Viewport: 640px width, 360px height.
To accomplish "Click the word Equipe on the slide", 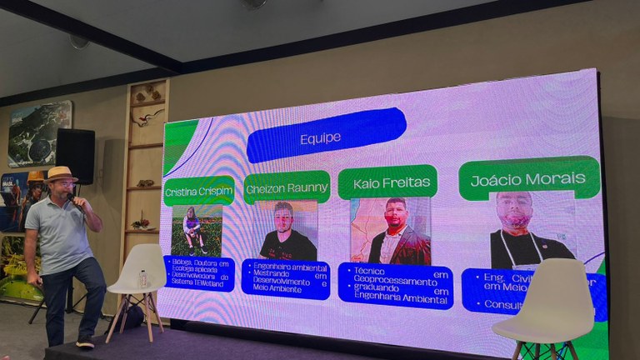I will pos(321,138).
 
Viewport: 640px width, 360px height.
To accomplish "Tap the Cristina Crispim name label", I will pos(198,191).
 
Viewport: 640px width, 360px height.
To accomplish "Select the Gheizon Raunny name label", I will pos(287,188).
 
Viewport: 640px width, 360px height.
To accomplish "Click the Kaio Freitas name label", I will pos(387,182).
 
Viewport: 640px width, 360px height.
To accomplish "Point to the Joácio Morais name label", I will pos(529,178).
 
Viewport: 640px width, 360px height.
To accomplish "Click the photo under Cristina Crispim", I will pos(197,231).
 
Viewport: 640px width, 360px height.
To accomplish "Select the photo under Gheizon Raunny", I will pos(287,231).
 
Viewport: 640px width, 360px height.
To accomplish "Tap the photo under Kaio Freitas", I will pos(390,231).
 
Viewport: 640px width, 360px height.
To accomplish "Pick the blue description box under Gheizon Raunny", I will pos(286,279).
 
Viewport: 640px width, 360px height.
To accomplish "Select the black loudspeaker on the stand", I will pos(75,156).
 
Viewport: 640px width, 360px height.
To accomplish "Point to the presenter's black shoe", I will pos(85,342).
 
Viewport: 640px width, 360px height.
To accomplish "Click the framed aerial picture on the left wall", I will pos(40,133).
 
